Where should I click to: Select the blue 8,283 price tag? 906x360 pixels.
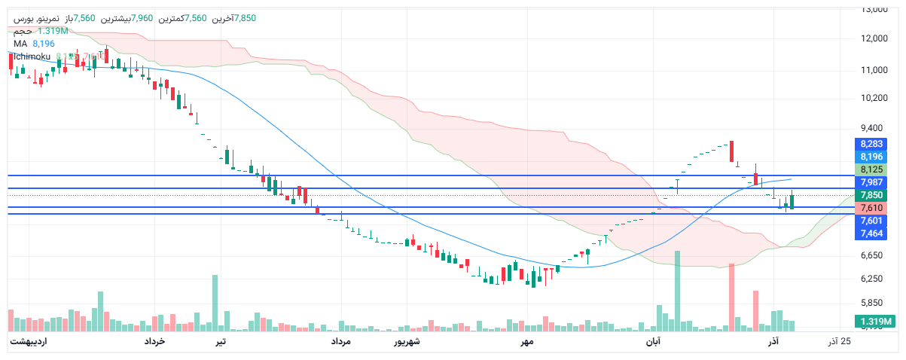coord(873,143)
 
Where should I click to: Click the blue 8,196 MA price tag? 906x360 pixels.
coord(873,156)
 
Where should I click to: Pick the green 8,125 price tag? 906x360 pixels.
coord(873,169)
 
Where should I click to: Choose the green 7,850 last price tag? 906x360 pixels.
coord(873,195)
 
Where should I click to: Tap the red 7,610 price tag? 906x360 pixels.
coord(873,208)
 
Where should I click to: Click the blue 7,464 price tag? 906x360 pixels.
coord(873,233)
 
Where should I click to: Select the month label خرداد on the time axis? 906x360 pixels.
coord(154,342)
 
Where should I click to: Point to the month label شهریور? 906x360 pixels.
coord(407,342)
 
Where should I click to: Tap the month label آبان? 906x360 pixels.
coord(652,342)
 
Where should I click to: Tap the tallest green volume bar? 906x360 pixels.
coord(677,291)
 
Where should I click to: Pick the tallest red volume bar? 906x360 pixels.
coord(731,297)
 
